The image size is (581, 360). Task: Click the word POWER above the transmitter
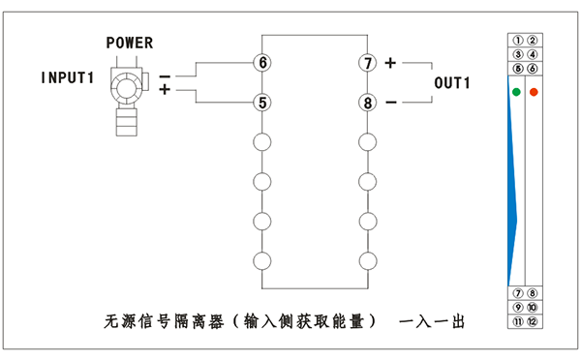tap(130, 44)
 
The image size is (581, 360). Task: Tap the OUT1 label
tap(451, 83)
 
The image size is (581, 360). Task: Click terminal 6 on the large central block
tap(261, 63)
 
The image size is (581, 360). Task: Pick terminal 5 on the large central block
tap(261, 102)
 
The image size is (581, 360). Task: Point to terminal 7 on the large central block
tap(367, 63)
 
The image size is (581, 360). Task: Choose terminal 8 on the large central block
tap(367, 102)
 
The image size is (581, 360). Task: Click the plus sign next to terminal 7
tap(390, 63)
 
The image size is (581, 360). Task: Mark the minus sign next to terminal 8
tap(390, 102)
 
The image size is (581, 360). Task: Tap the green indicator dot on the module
tap(516, 92)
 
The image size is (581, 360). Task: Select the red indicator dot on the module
tap(534, 92)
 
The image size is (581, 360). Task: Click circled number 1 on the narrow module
tap(518, 41)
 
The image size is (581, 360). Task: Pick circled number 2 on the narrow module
tap(532, 41)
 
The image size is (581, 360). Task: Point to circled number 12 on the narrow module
tap(532, 321)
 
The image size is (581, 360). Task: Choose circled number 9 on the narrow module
tap(518, 307)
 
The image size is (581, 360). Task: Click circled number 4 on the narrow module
tap(532, 55)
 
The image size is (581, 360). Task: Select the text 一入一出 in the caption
tap(432, 319)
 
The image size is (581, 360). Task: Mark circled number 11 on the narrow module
tap(518, 321)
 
